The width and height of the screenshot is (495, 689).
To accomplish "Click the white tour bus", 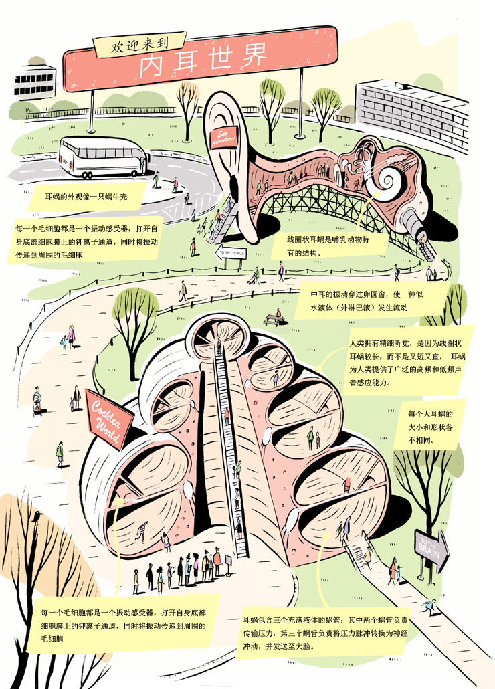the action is (104, 157).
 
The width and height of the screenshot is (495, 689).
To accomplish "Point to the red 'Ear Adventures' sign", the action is (222, 138).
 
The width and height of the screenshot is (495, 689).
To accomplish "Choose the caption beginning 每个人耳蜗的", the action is (435, 428).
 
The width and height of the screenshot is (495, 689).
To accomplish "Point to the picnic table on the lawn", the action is (272, 320).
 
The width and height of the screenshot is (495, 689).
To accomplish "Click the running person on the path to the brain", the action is (429, 607).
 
